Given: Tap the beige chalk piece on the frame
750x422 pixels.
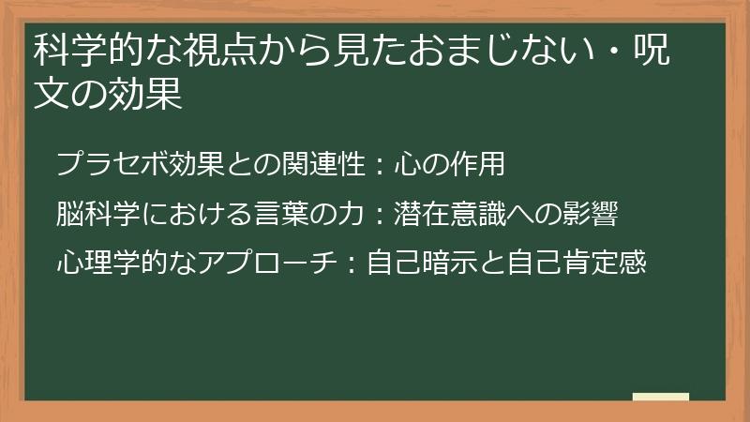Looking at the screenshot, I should (661, 397).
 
